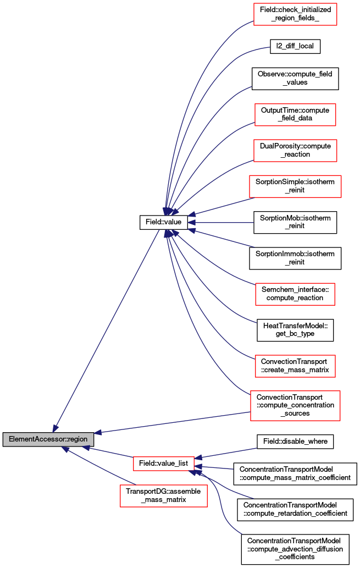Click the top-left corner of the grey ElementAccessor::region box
coord(3,432)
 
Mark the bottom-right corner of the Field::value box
coord(187,229)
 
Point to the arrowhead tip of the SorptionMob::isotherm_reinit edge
coord(188,223)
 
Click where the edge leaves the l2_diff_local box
coord(270,47)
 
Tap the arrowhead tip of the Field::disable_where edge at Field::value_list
coord(195,459)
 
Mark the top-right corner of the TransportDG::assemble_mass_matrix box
coord(208,485)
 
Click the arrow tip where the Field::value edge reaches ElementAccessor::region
coord(53,432)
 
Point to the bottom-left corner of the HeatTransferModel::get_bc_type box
coord(257,341)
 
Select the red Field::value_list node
coord(164,464)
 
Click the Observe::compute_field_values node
coord(295,79)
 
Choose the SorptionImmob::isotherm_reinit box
coord(295,258)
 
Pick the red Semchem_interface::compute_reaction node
coord(295,294)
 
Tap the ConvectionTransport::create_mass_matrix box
coord(295,366)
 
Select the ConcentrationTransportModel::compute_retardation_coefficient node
coord(295,510)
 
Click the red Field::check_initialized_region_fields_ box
coord(295,14)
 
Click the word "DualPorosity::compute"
coord(295,146)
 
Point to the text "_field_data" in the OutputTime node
coord(295,118)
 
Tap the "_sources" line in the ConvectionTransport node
coord(295,413)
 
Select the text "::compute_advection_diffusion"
coord(295,549)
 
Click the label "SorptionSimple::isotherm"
coord(295,182)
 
